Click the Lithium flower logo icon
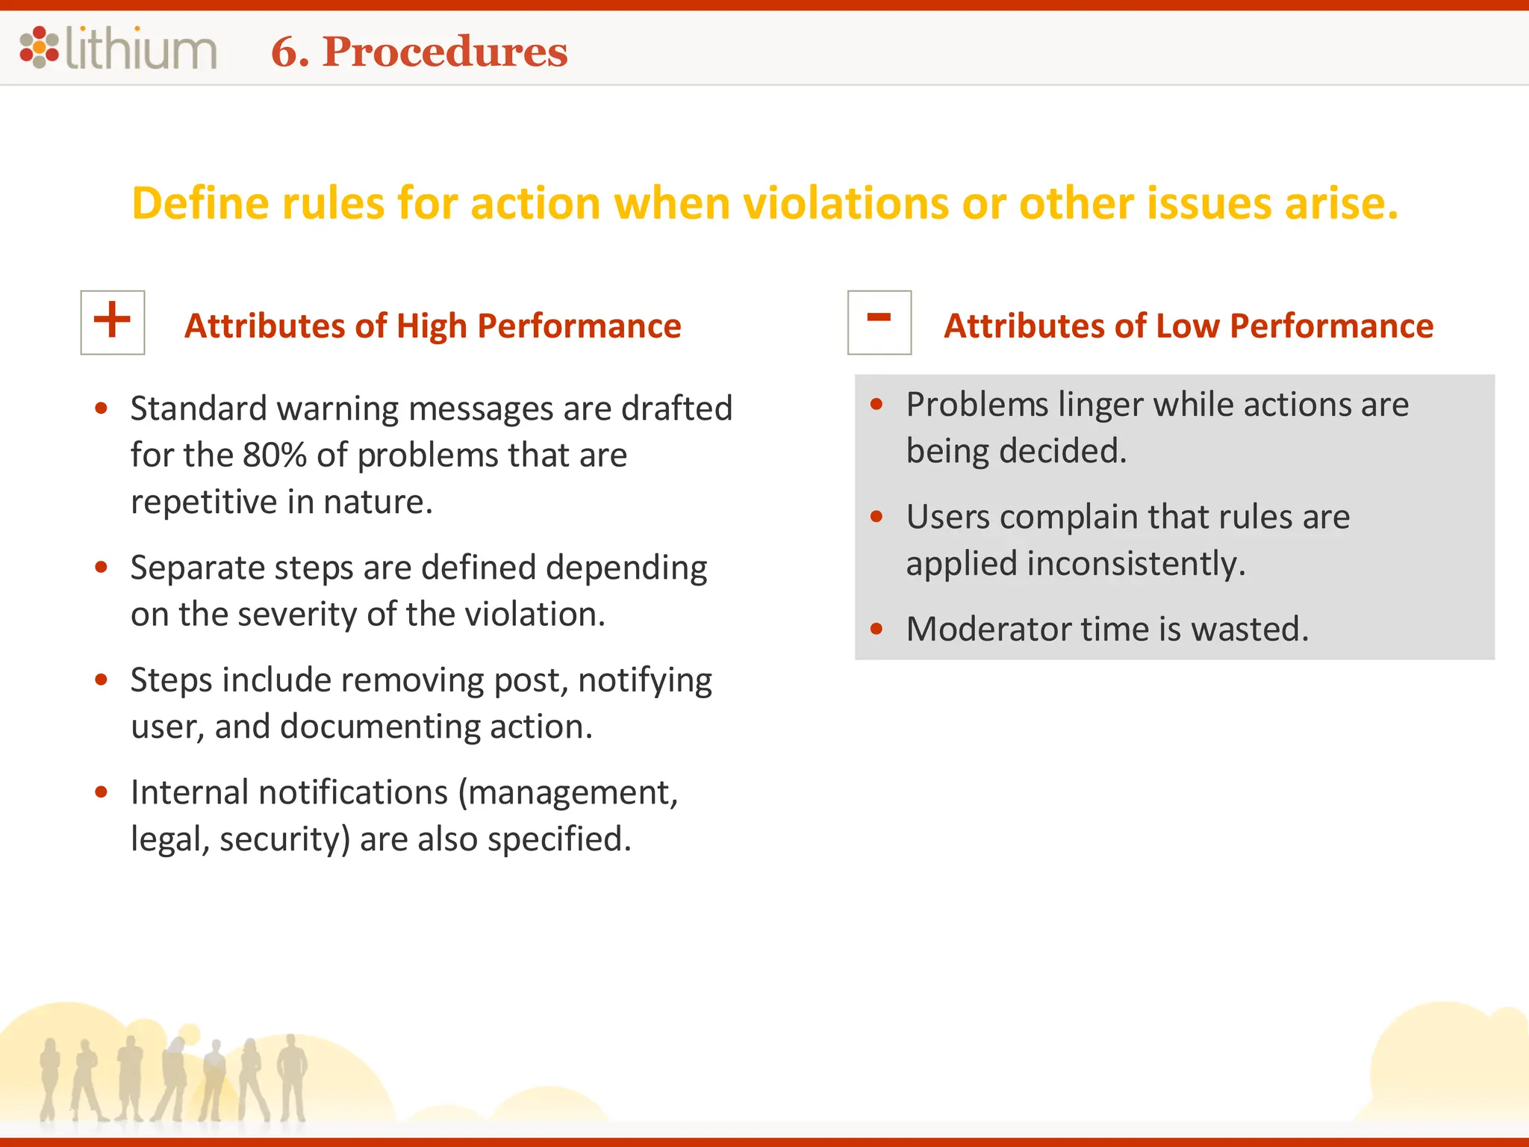(x=39, y=48)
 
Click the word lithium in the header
(x=141, y=49)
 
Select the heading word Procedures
(x=445, y=52)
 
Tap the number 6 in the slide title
(x=284, y=52)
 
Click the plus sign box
(x=113, y=322)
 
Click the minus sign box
(x=879, y=322)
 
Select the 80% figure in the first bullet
(x=274, y=455)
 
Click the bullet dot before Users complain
(x=876, y=517)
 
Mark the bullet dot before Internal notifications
(x=102, y=792)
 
